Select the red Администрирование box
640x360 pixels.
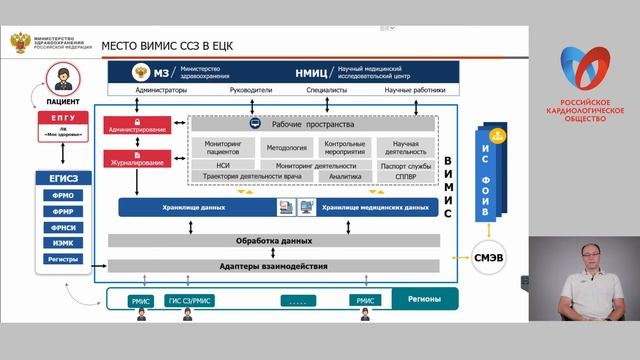tap(138, 128)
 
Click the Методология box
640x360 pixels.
tap(287, 147)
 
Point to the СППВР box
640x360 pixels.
tap(405, 176)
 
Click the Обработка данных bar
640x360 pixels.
tap(273, 240)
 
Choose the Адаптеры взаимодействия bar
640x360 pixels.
tap(273, 265)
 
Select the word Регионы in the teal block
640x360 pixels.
tap(415, 298)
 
